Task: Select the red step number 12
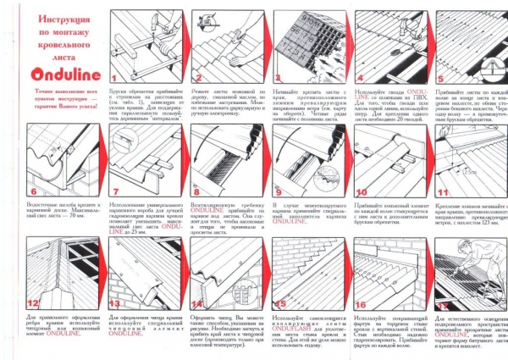click(33, 301)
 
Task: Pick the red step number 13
click(116, 301)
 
